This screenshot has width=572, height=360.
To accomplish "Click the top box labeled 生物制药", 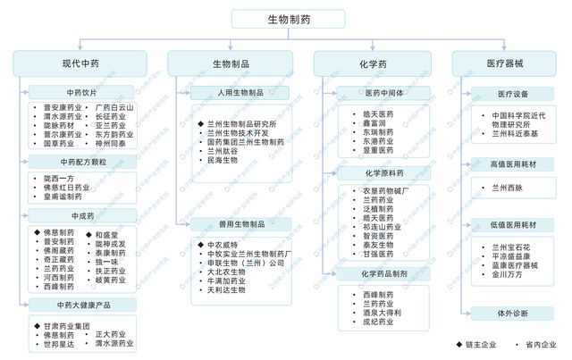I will (285, 19).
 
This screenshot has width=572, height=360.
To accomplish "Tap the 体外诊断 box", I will (512, 314).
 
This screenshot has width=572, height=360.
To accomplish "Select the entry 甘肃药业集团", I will (68, 325).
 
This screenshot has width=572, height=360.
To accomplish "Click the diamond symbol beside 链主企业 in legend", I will (458, 344).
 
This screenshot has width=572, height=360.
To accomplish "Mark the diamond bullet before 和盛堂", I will (88, 234).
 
